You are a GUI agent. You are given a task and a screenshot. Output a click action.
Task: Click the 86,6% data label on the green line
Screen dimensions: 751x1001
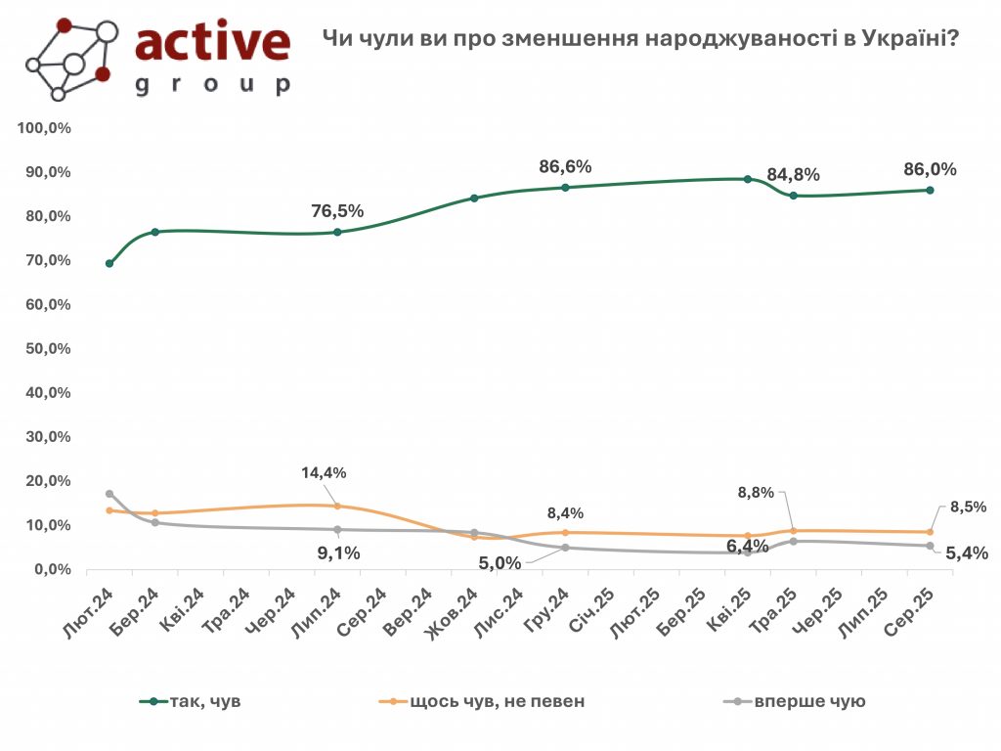click(565, 167)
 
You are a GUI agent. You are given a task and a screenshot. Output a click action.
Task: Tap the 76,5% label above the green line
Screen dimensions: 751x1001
click(337, 211)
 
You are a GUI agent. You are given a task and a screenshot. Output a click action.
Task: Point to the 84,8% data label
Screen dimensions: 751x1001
click(793, 175)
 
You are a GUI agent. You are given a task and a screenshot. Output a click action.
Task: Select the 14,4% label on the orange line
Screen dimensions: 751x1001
click(324, 473)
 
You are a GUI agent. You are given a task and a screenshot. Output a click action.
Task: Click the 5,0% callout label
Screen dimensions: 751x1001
click(500, 562)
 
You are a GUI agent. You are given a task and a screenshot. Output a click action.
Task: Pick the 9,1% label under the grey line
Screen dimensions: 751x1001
click(337, 552)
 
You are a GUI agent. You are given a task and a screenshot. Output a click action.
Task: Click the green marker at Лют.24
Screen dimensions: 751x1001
click(109, 263)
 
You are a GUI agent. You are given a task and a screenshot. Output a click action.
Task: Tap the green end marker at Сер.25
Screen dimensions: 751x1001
click(930, 190)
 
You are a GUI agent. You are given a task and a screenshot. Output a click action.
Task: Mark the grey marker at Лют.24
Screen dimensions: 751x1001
click(109, 494)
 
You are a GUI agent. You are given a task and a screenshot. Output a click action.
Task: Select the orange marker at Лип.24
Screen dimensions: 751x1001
click(337, 506)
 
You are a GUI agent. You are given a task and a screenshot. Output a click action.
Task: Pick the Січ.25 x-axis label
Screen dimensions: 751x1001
click(591, 609)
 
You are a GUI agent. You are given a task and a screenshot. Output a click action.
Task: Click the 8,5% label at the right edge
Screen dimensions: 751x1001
click(968, 508)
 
